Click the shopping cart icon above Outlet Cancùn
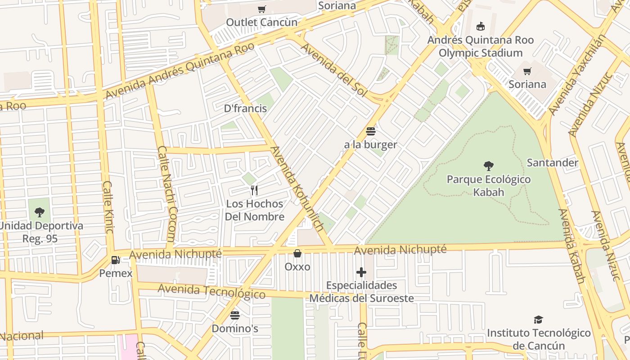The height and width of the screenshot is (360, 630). click(261, 9)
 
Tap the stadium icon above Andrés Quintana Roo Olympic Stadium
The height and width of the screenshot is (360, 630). click(481, 26)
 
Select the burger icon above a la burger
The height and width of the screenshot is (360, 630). click(371, 131)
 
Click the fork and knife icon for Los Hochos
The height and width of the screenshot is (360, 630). click(254, 190)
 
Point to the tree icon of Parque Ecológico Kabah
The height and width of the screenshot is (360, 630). click(488, 166)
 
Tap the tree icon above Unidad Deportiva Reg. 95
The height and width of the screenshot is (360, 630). click(40, 212)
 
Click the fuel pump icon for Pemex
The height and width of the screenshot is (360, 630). click(116, 260)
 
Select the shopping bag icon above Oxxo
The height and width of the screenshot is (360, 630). click(297, 253)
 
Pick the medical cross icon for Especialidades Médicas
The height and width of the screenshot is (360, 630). click(361, 272)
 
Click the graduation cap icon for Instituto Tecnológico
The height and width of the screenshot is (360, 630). click(538, 319)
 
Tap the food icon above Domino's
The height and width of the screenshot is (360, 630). click(235, 315)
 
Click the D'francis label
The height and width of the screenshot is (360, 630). click(245, 108)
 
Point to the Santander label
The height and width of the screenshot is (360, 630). click(552, 162)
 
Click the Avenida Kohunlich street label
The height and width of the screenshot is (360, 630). click(297, 189)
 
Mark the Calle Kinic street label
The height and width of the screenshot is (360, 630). click(108, 207)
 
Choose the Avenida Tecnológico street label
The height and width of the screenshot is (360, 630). click(211, 291)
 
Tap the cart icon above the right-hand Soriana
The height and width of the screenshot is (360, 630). click(527, 71)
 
